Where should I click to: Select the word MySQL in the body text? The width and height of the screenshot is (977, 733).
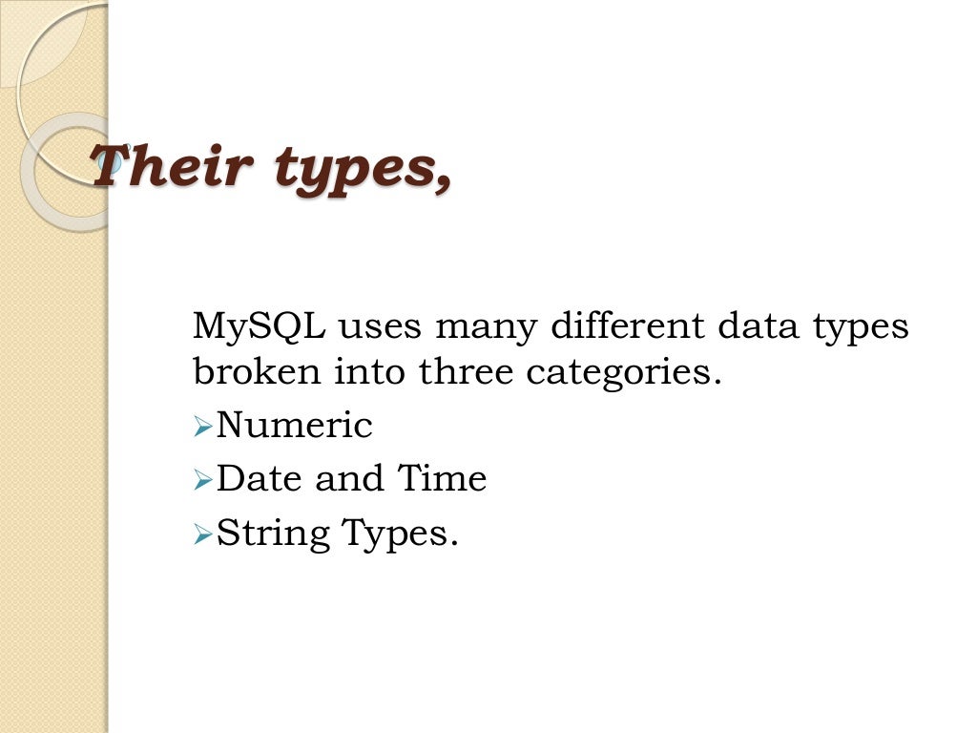click(x=259, y=327)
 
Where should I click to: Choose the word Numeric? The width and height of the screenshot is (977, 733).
click(x=295, y=426)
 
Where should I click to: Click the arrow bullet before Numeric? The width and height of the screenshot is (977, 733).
click(x=201, y=428)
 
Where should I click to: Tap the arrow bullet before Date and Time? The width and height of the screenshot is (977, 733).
click(x=201, y=481)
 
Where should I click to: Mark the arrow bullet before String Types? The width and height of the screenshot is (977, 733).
click(x=201, y=534)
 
